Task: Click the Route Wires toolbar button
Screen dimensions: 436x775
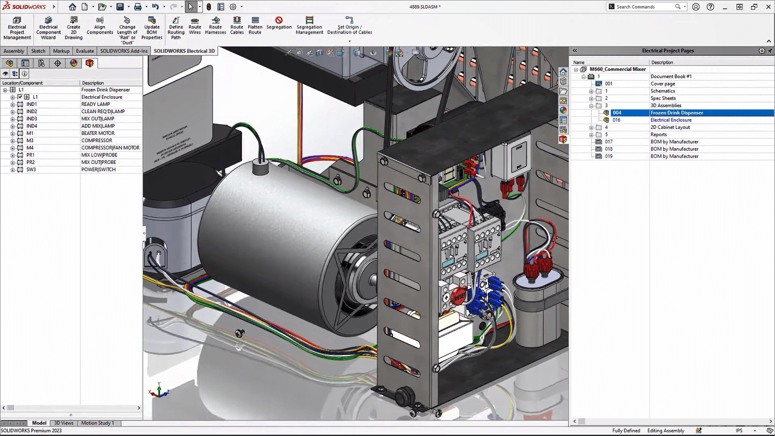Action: [195, 26]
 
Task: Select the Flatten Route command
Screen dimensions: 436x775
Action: [255, 26]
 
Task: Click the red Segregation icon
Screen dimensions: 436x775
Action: [279, 21]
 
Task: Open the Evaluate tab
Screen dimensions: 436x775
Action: [85, 51]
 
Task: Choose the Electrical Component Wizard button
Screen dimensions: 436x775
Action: [48, 28]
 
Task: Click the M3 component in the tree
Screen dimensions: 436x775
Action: [30, 141]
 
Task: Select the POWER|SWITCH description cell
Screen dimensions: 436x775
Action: [98, 170]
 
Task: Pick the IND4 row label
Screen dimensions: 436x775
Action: [31, 126]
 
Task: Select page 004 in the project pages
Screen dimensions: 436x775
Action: [617, 113]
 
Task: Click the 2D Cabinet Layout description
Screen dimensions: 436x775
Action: [670, 127]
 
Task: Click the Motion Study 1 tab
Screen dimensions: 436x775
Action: [98, 423]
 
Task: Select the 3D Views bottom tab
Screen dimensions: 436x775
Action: [64, 423]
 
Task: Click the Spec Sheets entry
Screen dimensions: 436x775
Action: [663, 98]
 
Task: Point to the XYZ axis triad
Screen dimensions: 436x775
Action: [159, 390]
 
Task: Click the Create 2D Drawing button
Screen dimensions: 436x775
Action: [73, 28]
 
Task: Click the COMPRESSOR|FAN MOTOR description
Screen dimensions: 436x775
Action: [110, 148]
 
